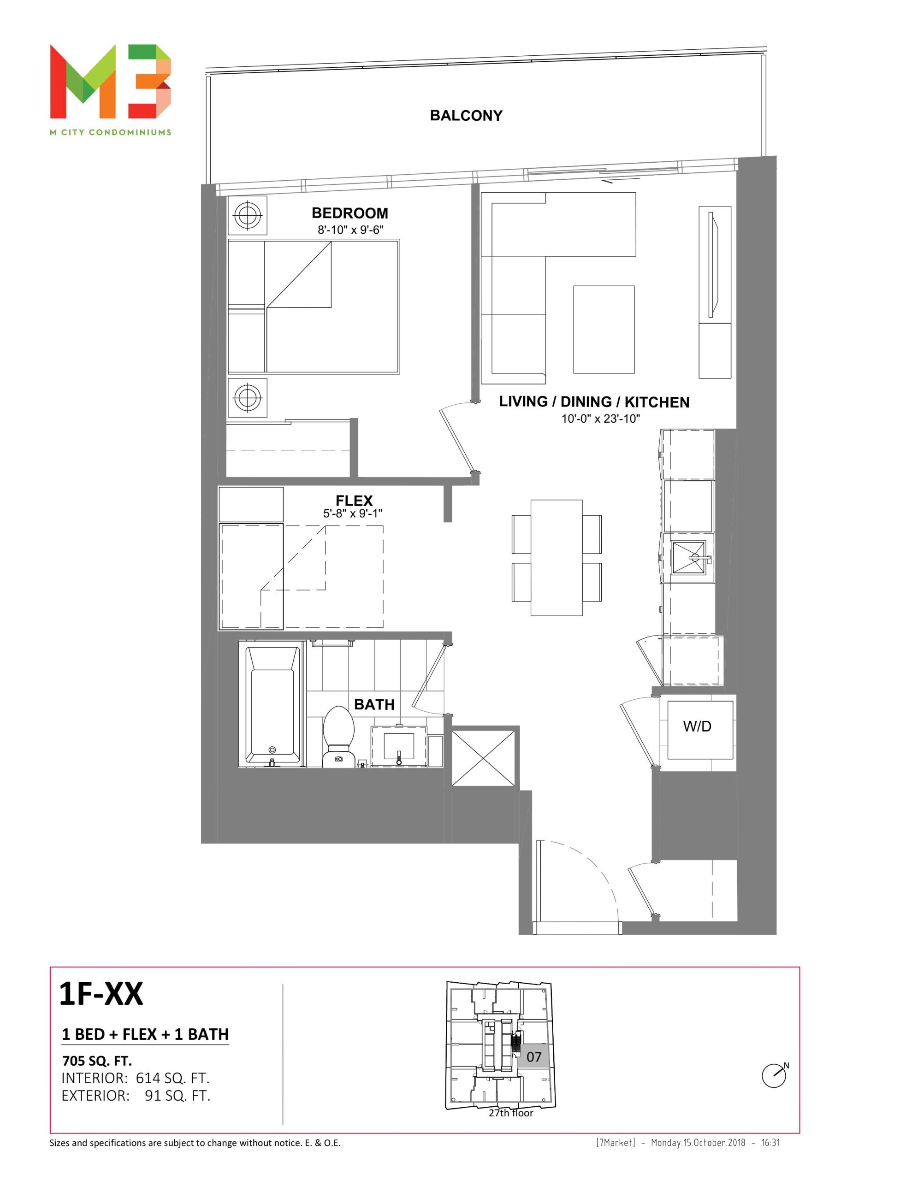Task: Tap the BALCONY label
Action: pos(466,115)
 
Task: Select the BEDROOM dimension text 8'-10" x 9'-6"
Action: pos(350,230)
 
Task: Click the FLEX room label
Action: pos(354,500)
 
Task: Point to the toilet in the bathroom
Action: pos(338,737)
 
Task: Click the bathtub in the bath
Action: pos(272,704)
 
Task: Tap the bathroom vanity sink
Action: pos(399,746)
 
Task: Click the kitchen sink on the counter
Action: pos(689,558)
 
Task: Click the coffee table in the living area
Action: pos(604,330)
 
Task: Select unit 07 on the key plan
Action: pos(534,1057)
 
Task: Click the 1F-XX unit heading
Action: pos(101,994)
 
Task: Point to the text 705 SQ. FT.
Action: pos(97,1061)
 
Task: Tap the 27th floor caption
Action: pos(511,1113)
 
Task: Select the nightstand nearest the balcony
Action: pos(248,215)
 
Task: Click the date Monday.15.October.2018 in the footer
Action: pos(698,1143)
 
